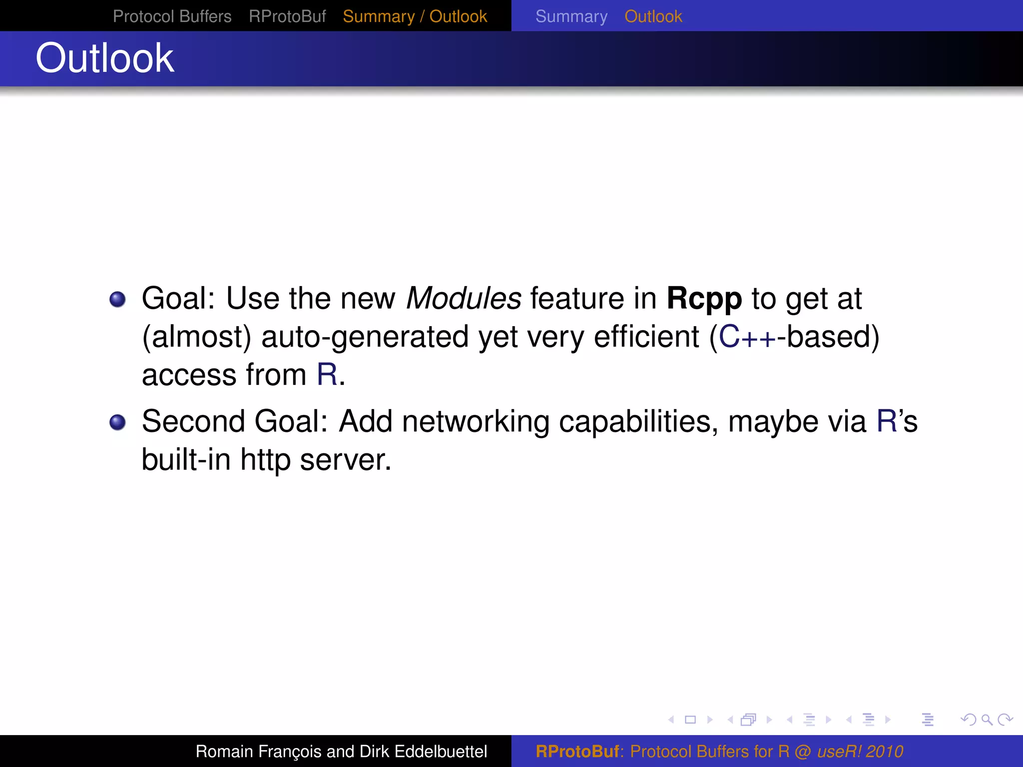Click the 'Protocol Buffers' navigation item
(172, 16)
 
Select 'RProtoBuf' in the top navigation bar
(287, 16)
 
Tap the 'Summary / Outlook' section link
(415, 16)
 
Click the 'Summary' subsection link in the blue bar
(571, 16)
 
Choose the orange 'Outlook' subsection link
(653, 16)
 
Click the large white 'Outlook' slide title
(105, 58)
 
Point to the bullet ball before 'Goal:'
(117, 299)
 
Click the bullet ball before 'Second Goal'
(117, 422)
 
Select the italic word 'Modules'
(464, 299)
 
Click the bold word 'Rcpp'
(704, 299)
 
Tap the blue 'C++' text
(747, 337)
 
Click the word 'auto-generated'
(365, 337)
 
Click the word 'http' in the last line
(265, 460)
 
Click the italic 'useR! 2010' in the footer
(860, 752)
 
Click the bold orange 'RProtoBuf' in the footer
(577, 752)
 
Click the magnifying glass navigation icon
(987, 720)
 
